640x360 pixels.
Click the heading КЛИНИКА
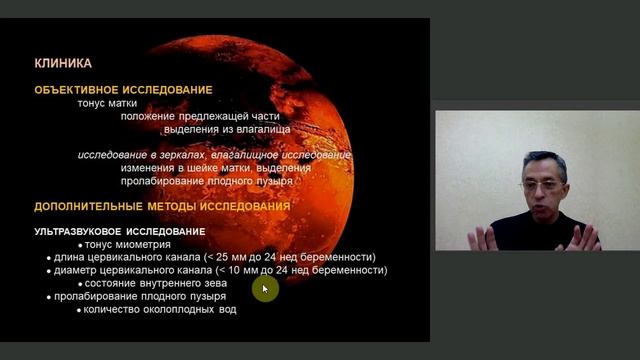tap(63, 62)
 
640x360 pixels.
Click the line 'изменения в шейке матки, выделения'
tap(215, 168)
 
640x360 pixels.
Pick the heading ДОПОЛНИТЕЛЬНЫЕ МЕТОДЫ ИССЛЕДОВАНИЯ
tap(162, 207)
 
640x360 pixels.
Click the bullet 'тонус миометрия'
tap(128, 245)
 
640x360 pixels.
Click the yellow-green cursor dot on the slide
tap(265, 289)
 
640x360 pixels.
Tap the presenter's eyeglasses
tap(541, 185)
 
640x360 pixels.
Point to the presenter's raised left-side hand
tap(486, 238)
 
